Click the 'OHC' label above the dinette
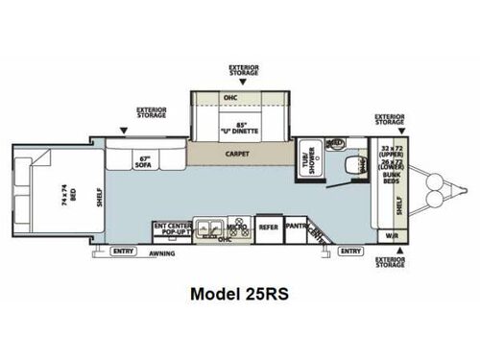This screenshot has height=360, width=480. click(x=229, y=99)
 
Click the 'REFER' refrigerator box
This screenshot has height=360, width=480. click(x=269, y=228)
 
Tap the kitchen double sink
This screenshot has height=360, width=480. click(x=213, y=228)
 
